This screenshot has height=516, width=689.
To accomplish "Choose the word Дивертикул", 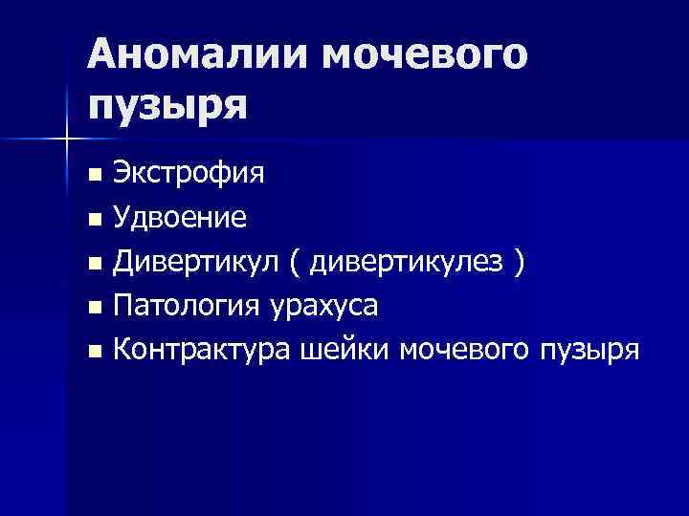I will coord(194,263).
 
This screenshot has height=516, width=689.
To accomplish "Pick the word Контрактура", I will coord(200,350).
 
